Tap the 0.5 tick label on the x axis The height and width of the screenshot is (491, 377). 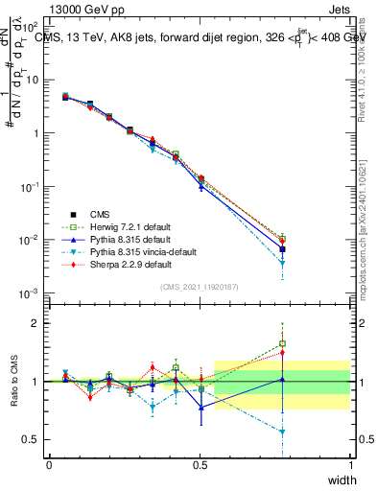[x=200, y=464]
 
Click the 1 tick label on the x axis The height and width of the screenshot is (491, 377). [x=349, y=464]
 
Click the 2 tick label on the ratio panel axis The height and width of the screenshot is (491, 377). [x=35, y=323]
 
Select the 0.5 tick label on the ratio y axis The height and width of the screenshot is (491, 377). [x=31, y=439]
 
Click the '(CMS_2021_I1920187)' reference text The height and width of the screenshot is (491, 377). [x=200, y=287]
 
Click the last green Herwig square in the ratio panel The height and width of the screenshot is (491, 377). [x=282, y=343]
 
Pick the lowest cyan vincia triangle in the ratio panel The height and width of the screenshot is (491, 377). [x=282, y=432]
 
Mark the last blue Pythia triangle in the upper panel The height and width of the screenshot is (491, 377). [x=282, y=248]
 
